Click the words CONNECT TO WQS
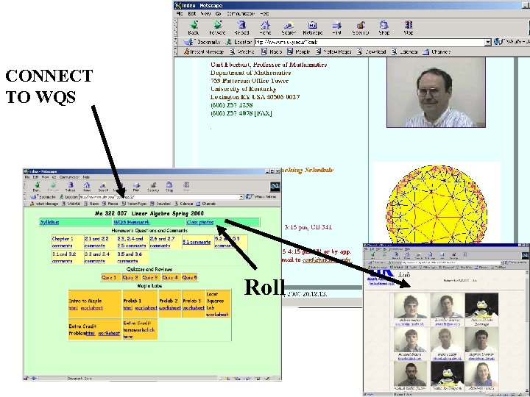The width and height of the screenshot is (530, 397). click(49, 85)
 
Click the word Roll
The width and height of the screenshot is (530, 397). click(264, 287)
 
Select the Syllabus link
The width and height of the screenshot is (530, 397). click(50, 221)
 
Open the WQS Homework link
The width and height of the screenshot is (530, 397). click(132, 221)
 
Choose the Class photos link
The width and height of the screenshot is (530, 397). click(200, 221)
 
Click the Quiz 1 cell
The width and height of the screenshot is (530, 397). click(109, 277)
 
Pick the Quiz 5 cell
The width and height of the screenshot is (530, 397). click(189, 277)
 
